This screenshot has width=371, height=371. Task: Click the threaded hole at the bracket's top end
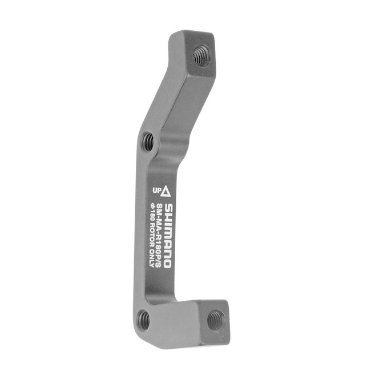[200, 55]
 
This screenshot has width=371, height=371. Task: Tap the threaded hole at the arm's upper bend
[148, 140]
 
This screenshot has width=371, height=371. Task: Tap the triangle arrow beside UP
[167, 189]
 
